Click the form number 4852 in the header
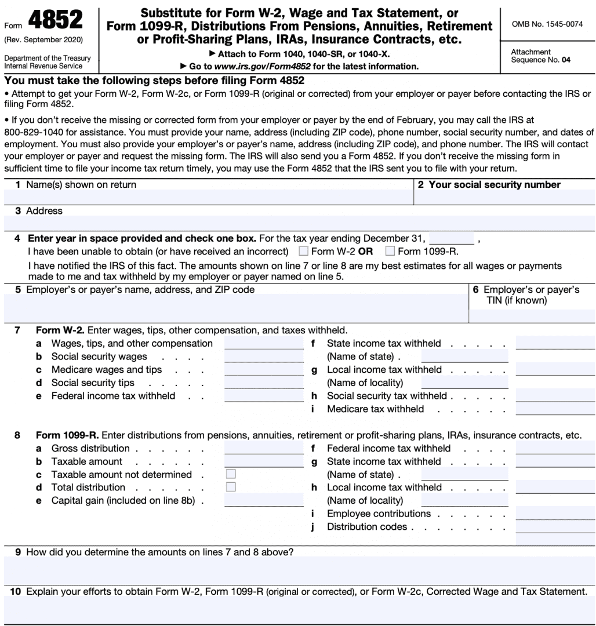pos(55,21)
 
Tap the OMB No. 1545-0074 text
pos(547,24)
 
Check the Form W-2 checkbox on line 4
pos(303,251)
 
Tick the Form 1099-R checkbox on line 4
pos(390,251)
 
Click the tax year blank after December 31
pos(451,238)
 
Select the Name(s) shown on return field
pos(209,197)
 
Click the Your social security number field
pos(504,197)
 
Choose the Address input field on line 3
pos(299,223)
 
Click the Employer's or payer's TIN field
pos(532,315)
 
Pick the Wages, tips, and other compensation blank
pos(264,343)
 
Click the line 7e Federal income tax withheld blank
pos(264,396)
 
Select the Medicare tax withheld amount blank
pos(555,409)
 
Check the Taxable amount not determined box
pos(231,474)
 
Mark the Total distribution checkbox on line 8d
pos(231,487)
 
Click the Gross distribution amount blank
pos(264,448)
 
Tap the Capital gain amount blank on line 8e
pos(264,500)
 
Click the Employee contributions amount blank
pos(555,514)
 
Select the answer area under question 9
pos(299,570)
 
